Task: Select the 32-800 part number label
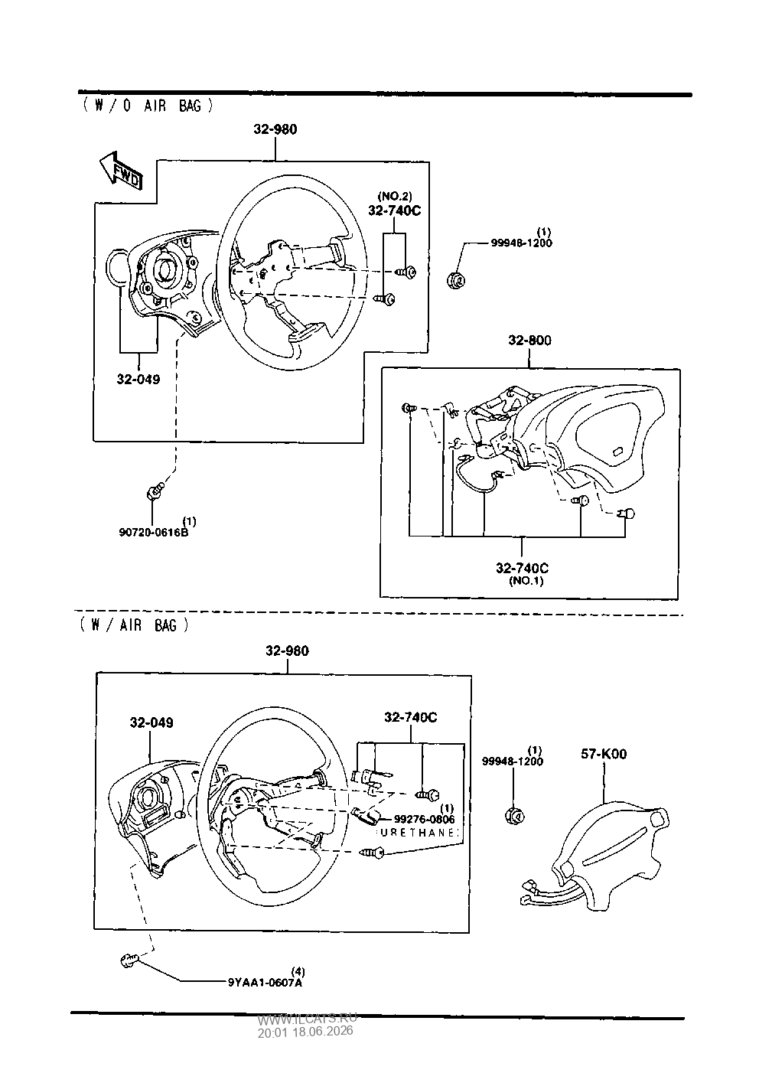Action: pyautogui.click(x=529, y=340)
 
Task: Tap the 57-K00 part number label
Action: pyautogui.click(x=604, y=754)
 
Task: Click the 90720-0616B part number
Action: pyautogui.click(x=154, y=532)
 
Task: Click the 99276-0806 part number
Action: pyautogui.click(x=425, y=820)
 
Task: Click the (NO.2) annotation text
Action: pyautogui.click(x=395, y=196)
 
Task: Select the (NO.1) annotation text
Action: pyautogui.click(x=526, y=581)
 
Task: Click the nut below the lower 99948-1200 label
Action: pyautogui.click(x=515, y=816)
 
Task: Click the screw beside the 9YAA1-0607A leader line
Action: pyautogui.click(x=129, y=960)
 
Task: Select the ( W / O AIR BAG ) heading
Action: pyautogui.click(x=148, y=106)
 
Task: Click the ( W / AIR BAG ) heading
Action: pyautogui.click(x=135, y=625)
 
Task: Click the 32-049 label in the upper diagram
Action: pyautogui.click(x=138, y=379)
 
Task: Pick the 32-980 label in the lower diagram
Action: pyautogui.click(x=288, y=651)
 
